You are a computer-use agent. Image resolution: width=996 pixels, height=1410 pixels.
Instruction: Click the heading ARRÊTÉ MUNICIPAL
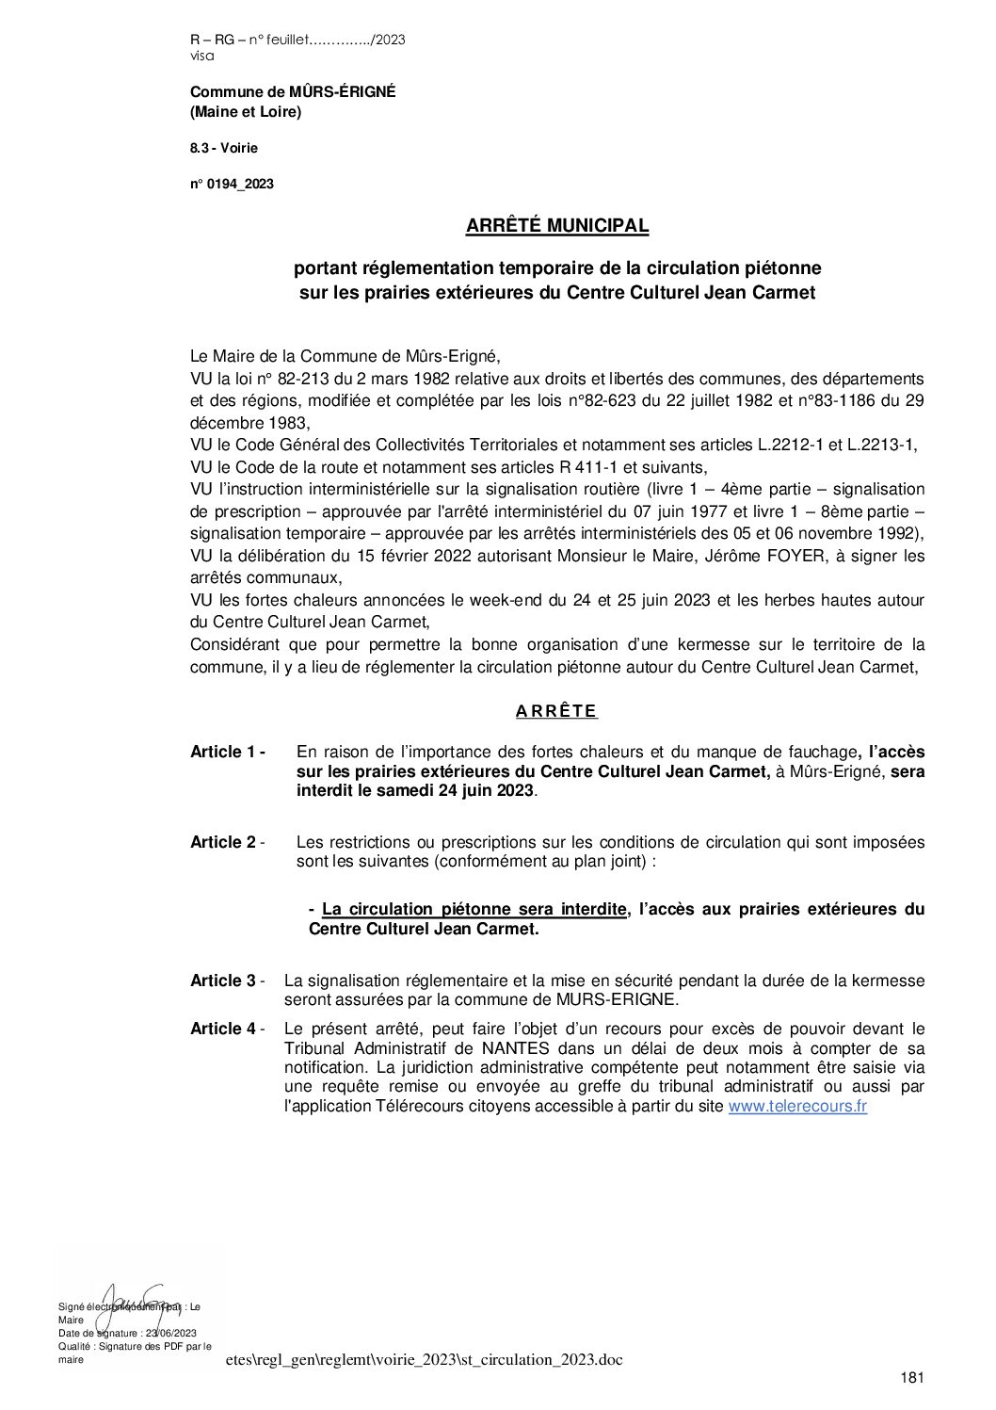point(557,226)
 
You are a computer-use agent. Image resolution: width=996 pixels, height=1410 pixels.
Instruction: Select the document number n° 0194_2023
point(232,185)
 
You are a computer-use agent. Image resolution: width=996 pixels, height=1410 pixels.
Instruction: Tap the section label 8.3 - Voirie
point(223,148)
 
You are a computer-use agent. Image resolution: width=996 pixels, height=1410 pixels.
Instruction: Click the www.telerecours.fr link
point(797,1108)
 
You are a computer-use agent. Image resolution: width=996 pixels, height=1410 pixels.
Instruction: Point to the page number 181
point(912,1378)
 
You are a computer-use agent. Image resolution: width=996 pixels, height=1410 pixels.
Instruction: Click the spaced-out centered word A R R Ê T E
point(556,711)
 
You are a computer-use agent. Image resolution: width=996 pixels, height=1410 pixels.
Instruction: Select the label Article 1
point(227,752)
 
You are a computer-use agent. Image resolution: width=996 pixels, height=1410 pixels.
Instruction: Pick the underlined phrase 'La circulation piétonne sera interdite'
point(474,909)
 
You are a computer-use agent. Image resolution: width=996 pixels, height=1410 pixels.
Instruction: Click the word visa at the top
point(201,57)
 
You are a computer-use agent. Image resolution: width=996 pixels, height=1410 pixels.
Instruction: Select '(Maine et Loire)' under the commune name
point(246,112)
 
